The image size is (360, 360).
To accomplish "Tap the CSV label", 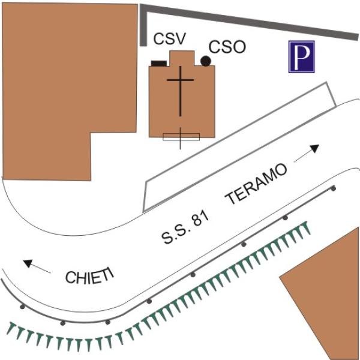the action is click(169, 40).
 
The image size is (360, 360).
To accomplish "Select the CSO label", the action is click(227, 47).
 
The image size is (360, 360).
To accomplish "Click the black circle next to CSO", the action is click(205, 61).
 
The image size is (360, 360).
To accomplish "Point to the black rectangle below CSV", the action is click(158, 62).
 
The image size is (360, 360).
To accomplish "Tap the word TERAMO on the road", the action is click(256, 185).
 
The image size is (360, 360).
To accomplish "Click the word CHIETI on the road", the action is click(89, 277).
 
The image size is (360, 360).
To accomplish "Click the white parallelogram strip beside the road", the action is click(240, 150).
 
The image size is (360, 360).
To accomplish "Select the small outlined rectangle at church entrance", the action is click(181, 136).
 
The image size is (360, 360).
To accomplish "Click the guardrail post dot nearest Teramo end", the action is click(334, 189).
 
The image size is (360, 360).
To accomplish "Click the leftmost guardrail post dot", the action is click(23, 307).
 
